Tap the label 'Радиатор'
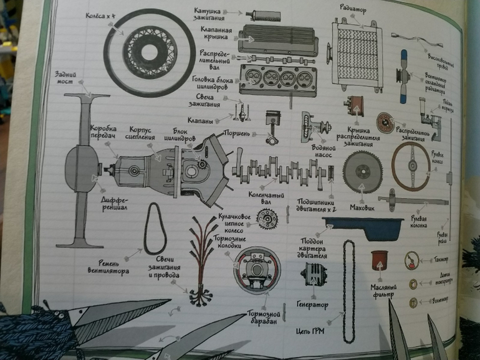pyautogui.click(x=353, y=10)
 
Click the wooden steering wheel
pyautogui.click(x=410, y=166)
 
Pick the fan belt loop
pyautogui.click(x=155, y=229)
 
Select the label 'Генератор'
pyautogui.click(x=312, y=305)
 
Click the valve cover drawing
pyautogui.click(x=279, y=39)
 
